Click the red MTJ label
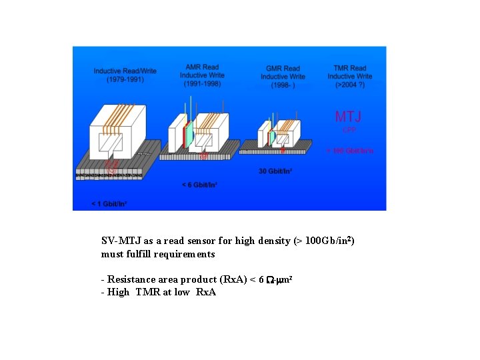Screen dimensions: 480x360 (348, 117)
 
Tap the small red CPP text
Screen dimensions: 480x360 (349, 129)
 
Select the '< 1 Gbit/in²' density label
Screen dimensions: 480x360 (110, 203)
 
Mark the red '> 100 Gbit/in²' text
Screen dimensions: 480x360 (349, 151)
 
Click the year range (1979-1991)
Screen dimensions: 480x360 (125, 79)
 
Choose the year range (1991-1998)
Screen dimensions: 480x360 (201, 84)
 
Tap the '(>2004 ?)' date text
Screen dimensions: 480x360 (350, 85)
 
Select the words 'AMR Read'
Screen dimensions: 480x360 (201, 67)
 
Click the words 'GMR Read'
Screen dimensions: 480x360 (283, 68)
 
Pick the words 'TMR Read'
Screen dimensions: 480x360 (350, 68)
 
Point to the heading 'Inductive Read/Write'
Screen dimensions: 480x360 (125, 71)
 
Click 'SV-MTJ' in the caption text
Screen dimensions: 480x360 (117, 241)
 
